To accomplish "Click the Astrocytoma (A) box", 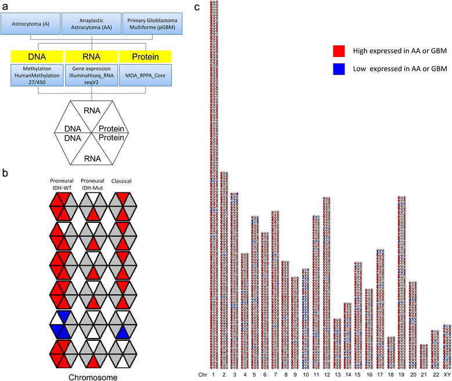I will [34, 24].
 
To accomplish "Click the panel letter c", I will [198, 6].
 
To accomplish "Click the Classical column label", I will [123, 181].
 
